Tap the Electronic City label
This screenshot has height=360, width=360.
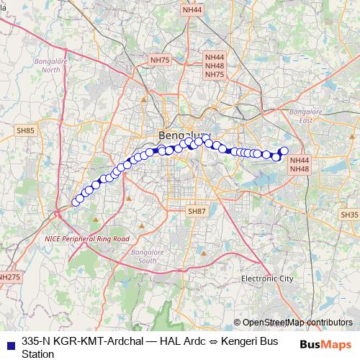[x=267, y=278]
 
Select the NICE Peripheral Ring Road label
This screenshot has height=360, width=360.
[x=86, y=238]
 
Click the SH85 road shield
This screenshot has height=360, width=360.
[x=25, y=130]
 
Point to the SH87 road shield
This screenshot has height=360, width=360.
[x=197, y=212]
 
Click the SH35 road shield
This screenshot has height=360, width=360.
[x=349, y=215]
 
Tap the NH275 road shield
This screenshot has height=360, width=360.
[x=9, y=276]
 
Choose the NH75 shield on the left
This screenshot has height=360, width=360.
[x=158, y=60]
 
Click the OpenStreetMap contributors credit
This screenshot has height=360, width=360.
[x=297, y=323]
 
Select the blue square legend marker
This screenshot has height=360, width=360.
[x=9, y=343]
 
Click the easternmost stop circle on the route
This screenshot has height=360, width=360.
[x=283, y=150]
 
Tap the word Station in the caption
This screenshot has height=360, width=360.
[x=38, y=354]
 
